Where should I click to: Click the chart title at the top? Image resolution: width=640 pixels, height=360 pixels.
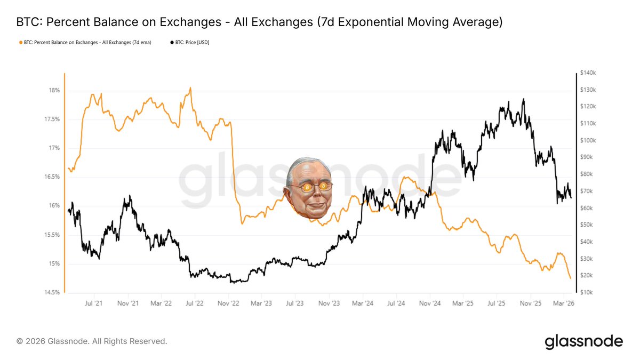click(x=260, y=23)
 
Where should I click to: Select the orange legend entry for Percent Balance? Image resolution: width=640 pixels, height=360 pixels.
click(x=85, y=42)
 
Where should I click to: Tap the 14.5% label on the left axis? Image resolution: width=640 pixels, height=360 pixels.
click(x=52, y=292)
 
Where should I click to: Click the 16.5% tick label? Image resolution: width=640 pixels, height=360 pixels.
click(x=52, y=177)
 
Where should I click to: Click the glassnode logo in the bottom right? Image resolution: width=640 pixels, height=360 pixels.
click(x=583, y=341)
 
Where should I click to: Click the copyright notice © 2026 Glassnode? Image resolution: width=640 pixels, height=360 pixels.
click(x=92, y=341)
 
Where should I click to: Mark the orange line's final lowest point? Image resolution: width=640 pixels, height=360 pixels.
click(x=571, y=278)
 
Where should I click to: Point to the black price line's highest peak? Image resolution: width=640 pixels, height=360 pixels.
click(x=523, y=99)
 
